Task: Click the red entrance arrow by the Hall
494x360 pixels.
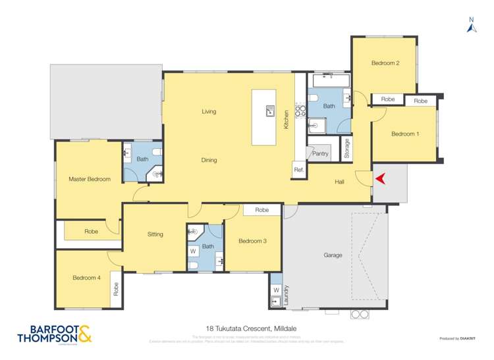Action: tap(380, 178)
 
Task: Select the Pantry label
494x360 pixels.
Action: tap(320, 153)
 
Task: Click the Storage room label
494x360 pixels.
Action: tap(346, 148)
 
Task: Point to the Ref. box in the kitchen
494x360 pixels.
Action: tap(298, 170)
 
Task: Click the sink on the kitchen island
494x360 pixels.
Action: tap(269, 111)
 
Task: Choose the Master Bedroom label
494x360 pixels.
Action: tap(90, 179)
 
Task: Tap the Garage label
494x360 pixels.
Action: tap(333, 255)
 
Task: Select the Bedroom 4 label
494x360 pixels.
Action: tap(86, 278)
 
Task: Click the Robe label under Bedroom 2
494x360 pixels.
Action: tap(387, 99)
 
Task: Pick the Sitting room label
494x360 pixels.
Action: tap(155, 234)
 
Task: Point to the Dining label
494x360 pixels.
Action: tap(209, 160)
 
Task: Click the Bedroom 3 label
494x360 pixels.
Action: tap(252, 241)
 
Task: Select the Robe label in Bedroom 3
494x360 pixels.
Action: tap(261, 210)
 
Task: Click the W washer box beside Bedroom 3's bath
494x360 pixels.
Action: tap(193, 251)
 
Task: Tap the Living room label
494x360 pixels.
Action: tap(209, 111)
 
